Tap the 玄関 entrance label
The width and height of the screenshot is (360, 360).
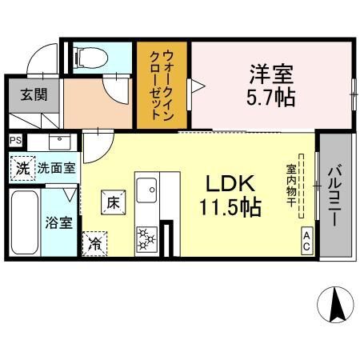point(34,94)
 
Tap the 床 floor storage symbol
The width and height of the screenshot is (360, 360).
point(112,202)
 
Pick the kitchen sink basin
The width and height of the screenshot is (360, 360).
point(147,191)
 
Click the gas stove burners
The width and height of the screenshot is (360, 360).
point(147,238)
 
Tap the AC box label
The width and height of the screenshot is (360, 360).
point(306,242)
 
